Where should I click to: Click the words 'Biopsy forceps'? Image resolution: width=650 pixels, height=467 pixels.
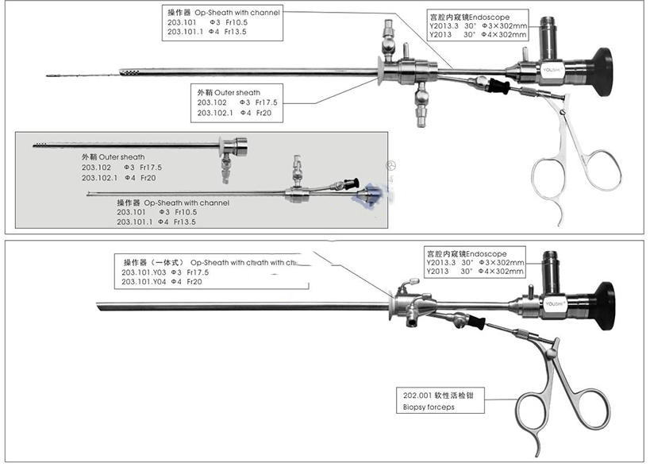429,408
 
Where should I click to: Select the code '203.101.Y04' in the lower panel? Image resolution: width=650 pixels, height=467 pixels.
140,282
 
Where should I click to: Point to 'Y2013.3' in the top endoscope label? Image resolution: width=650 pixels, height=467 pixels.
442,26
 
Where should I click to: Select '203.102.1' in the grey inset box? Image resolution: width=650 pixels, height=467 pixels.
99,178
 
